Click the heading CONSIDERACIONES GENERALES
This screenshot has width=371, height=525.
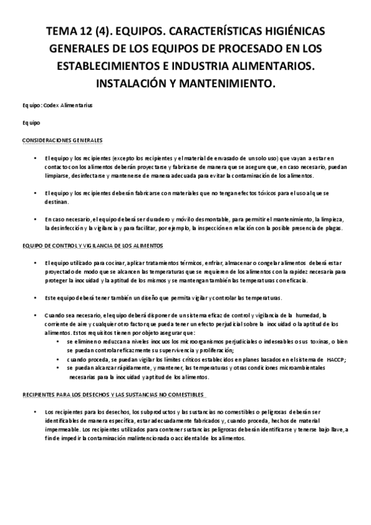(62, 140)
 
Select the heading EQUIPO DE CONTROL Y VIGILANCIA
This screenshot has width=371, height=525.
(92, 246)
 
